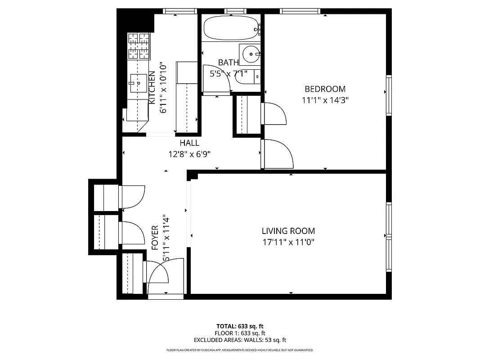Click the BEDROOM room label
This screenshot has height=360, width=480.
click(325, 89)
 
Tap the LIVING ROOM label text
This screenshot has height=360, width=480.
click(288, 231)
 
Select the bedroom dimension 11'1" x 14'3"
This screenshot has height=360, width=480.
click(325, 100)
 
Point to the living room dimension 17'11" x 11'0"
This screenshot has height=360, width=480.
click(288, 243)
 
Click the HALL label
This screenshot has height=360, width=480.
click(189, 143)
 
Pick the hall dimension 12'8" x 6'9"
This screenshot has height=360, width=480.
click(189, 154)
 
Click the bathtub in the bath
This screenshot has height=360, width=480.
click(231, 28)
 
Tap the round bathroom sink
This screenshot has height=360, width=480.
click(249, 55)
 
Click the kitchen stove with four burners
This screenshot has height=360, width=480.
click(139, 46)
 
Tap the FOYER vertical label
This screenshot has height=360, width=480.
click(155, 238)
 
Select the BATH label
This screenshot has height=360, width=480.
click(229, 63)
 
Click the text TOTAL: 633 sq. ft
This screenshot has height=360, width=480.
click(240, 326)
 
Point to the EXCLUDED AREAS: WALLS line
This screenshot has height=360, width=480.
click(240, 340)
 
